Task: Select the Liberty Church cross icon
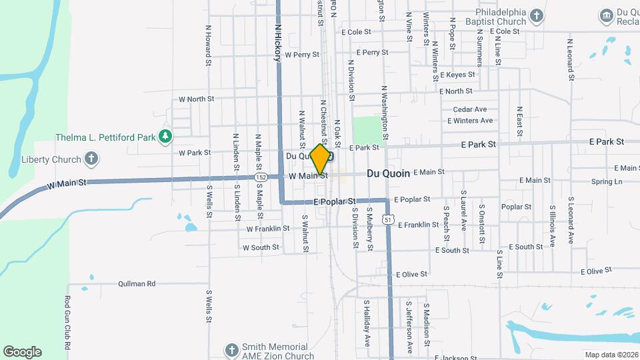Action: (x=92, y=159)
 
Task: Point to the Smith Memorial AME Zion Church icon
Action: (x=231, y=351)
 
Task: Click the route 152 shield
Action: (x=261, y=177)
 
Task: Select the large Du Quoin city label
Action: (x=388, y=173)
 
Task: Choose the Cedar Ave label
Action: (x=470, y=109)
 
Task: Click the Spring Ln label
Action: (x=606, y=181)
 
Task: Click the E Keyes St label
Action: (x=457, y=75)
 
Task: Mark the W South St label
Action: (x=261, y=247)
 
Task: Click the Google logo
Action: (x=22, y=352)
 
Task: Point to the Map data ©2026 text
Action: (x=611, y=355)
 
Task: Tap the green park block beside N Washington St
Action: (x=365, y=129)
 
